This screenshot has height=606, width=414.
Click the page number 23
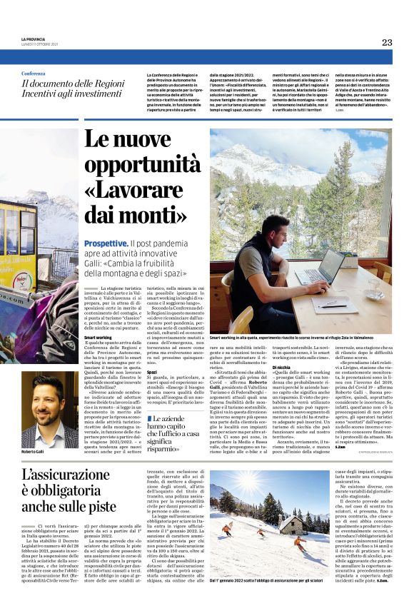point(386,42)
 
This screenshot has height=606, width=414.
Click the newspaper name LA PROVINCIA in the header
point(33,39)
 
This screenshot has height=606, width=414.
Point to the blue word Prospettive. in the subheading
point(106,243)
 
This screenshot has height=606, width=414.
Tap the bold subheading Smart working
point(98,337)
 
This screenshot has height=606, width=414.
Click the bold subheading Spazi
point(151,372)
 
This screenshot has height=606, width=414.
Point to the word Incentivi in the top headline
point(39,94)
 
